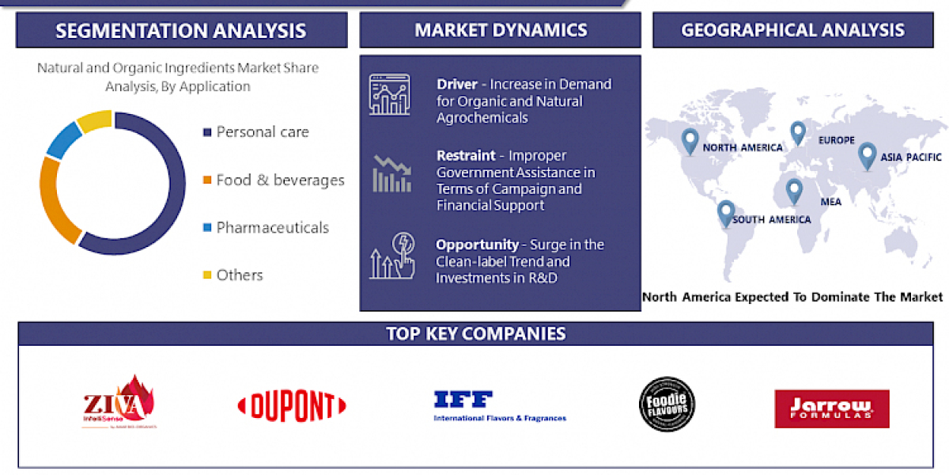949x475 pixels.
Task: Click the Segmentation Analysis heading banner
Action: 181,31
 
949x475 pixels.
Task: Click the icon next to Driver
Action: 390,95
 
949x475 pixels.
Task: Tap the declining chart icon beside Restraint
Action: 392,174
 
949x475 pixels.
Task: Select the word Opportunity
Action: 476,245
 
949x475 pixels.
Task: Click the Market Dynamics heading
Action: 501,31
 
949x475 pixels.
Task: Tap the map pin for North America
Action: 690,140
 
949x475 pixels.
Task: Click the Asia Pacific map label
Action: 912,157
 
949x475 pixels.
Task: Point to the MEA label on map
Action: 830,202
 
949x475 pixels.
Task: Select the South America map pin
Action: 725,212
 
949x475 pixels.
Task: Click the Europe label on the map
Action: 837,140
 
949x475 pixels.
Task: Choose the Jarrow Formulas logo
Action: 831,408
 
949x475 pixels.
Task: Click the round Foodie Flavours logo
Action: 667,405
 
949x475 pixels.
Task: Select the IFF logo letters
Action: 463,400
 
